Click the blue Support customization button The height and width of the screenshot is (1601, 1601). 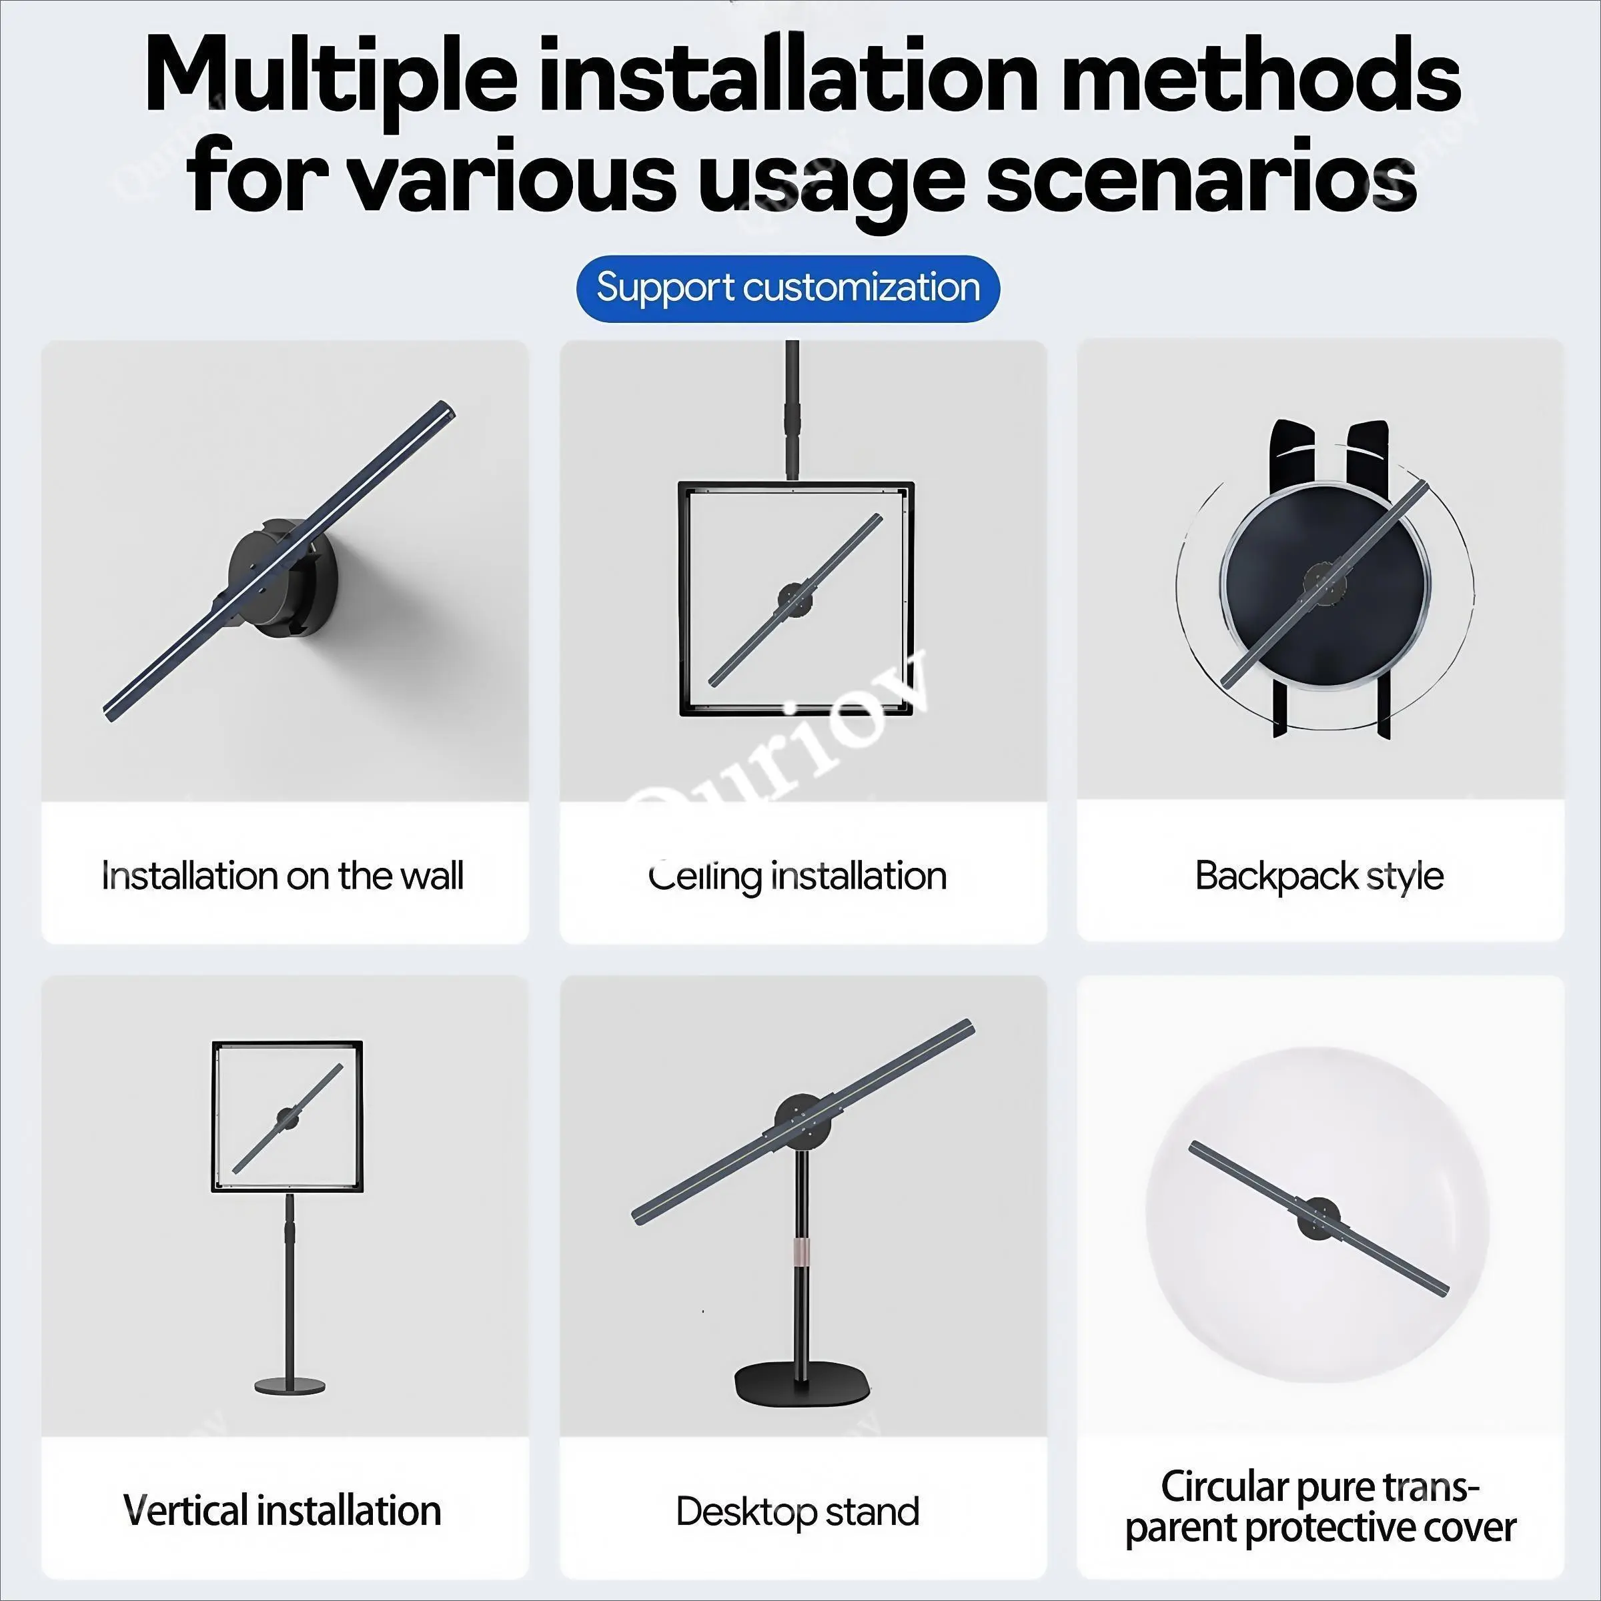[788, 288]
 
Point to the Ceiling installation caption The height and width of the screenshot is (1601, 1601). [797, 877]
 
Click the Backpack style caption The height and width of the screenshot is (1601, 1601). [1319, 876]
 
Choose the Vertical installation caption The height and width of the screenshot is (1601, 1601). [282, 1511]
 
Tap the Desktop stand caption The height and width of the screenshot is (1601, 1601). [797, 1512]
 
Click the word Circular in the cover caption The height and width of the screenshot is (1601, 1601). [1225, 1487]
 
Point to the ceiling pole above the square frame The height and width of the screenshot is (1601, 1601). [793, 410]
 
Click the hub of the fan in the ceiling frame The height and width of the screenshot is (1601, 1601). [796, 598]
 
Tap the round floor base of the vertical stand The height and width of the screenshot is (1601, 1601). [290, 1385]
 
